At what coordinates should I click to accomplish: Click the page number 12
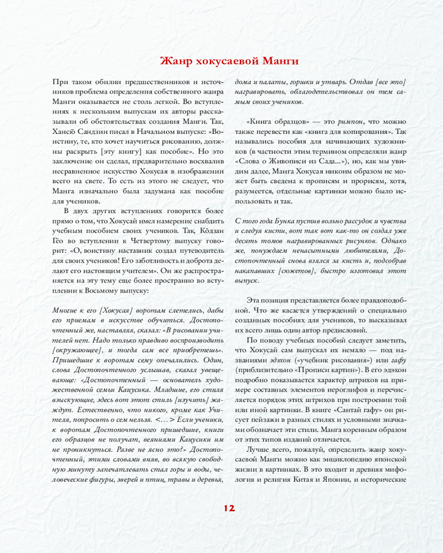[229, 508]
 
